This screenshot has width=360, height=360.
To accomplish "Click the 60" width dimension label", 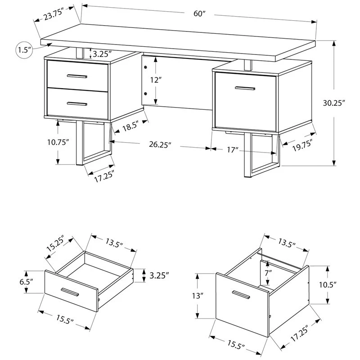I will point(199,14).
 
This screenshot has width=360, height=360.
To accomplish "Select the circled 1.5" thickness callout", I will point(24,49).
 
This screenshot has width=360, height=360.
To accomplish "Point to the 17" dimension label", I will point(232,150).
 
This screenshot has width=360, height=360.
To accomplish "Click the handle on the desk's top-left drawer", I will point(76,76).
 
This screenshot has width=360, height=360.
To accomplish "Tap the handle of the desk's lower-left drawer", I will point(76,103).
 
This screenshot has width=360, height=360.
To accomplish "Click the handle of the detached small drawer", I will point(71,292).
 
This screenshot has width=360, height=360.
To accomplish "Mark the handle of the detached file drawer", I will point(241,294).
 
